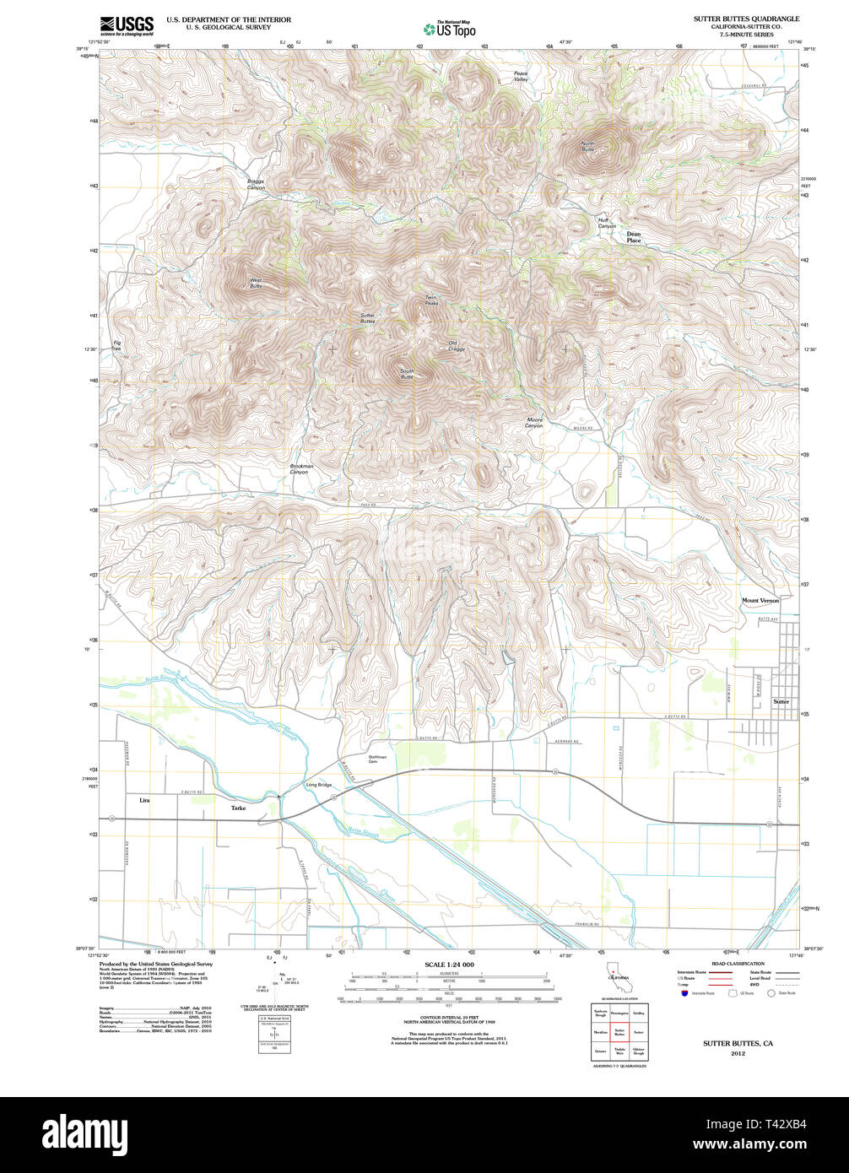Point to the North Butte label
click(x=587, y=146)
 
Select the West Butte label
click(x=255, y=284)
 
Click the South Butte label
click(x=407, y=374)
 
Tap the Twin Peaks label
click(x=431, y=300)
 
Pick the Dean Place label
click(x=634, y=238)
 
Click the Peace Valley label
click(x=521, y=76)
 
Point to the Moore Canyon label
click(x=534, y=423)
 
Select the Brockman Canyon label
click(x=301, y=469)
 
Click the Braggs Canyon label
click(x=256, y=184)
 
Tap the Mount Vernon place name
click(x=760, y=600)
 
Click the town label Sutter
click(x=781, y=702)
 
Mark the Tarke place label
click(x=239, y=808)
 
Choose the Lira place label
click(x=144, y=799)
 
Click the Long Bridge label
click(x=318, y=786)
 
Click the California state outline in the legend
click(x=614, y=976)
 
